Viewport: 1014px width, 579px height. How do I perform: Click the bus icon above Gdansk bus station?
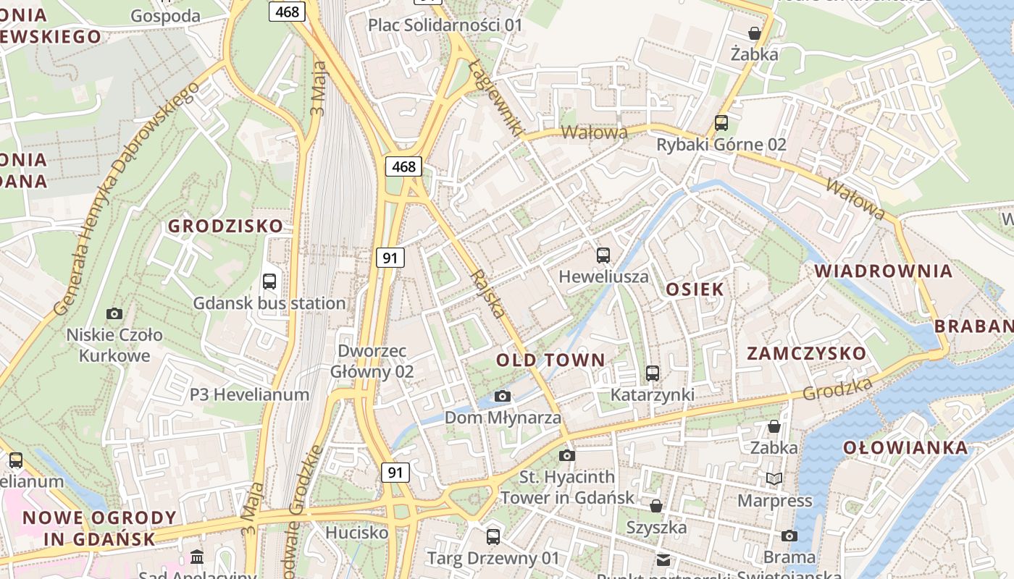pos(269,282)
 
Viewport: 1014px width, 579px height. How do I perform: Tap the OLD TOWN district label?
pos(550,360)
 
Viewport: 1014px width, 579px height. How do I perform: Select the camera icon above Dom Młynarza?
pos(502,396)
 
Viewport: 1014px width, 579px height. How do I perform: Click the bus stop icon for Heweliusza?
pos(603,255)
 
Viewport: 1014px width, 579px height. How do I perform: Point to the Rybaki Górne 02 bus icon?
pos(721,122)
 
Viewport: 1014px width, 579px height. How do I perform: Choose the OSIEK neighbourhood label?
pos(695,289)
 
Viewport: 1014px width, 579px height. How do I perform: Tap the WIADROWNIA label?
pos(884,271)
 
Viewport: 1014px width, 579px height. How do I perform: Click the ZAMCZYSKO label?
pos(806,353)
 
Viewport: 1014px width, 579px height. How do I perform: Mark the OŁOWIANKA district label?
pos(905,447)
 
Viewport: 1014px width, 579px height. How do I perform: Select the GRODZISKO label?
pos(226,226)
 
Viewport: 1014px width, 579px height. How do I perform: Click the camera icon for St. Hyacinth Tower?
pos(567,455)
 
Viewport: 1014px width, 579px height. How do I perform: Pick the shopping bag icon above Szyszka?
pos(656,505)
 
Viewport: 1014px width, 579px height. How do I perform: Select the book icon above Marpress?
pos(774,478)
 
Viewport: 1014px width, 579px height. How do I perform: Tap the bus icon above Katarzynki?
pos(653,373)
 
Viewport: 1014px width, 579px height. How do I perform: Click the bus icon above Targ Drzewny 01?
pos(493,536)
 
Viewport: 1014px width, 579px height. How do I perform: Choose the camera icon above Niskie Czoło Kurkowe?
pos(114,313)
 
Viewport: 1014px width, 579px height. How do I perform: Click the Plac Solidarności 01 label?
pos(445,25)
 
